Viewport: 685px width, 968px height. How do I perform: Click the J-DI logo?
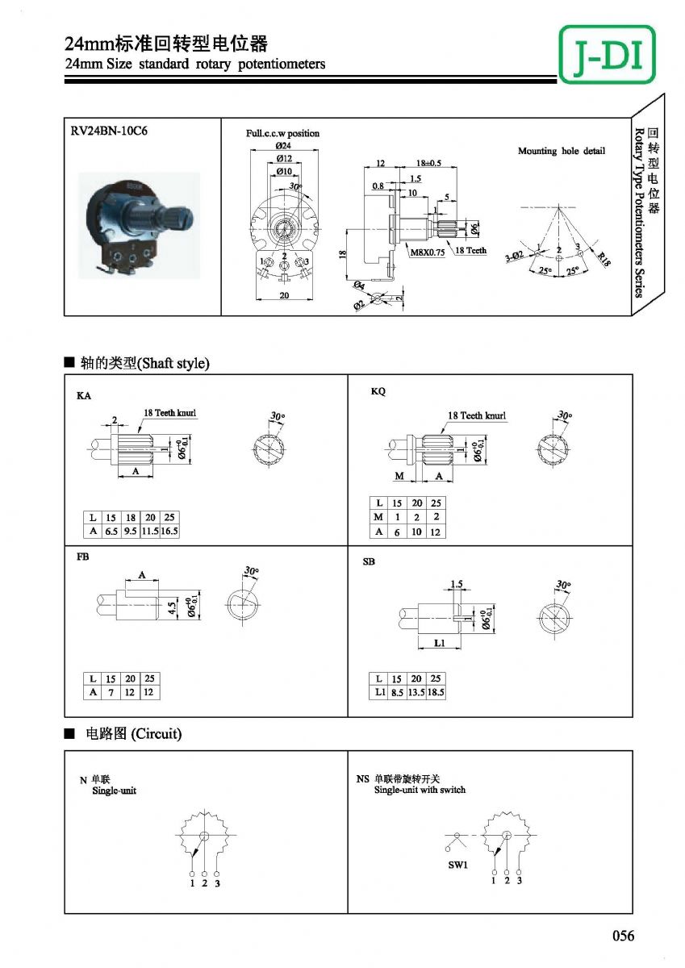[x=608, y=53]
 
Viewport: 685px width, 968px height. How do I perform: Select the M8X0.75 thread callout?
[x=428, y=252]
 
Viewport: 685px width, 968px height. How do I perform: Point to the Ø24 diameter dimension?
[x=283, y=146]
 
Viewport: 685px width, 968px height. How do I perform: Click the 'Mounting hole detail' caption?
[x=561, y=151]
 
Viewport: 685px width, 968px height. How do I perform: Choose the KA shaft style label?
[x=84, y=396]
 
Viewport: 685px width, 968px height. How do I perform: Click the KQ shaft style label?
[x=378, y=391]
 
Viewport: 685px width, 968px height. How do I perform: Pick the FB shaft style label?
[x=82, y=557]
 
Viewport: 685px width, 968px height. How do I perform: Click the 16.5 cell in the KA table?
[x=169, y=532]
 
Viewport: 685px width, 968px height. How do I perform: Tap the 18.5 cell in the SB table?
[x=436, y=692]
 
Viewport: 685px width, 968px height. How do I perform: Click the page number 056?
[x=623, y=936]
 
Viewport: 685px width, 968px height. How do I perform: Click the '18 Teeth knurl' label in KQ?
[x=477, y=415]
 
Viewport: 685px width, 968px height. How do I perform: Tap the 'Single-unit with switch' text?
[x=420, y=790]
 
